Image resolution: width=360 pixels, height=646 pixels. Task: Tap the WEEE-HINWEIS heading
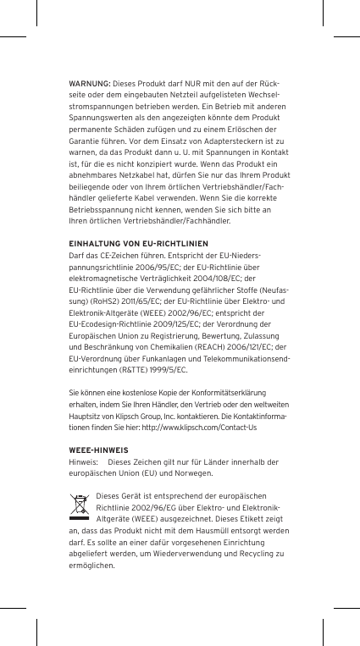pos(98,450)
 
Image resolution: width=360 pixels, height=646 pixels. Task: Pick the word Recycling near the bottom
pos(249,554)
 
